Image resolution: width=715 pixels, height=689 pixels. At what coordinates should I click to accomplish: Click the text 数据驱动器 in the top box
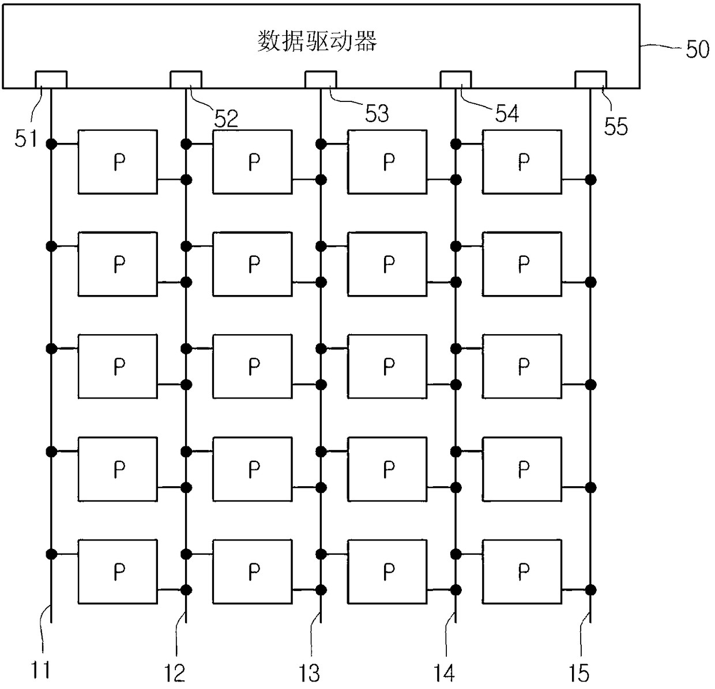[317, 42]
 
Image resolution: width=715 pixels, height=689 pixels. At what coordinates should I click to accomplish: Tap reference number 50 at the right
[697, 50]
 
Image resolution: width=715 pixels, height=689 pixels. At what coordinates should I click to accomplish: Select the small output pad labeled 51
[51, 79]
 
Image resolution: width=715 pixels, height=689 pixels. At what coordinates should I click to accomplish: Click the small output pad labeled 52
[186, 79]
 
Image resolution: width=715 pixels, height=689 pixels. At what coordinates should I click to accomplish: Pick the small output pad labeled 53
[321, 79]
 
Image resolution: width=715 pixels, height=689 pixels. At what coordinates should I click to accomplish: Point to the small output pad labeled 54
[456, 79]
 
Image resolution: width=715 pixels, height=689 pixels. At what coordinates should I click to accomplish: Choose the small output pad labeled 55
[590, 79]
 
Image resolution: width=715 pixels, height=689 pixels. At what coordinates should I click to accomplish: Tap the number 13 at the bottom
[310, 672]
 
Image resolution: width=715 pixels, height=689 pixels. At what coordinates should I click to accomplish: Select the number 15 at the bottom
[579, 672]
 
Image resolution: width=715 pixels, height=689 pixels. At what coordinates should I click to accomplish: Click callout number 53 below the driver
[377, 113]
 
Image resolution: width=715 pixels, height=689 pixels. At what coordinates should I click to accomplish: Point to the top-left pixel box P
[118, 162]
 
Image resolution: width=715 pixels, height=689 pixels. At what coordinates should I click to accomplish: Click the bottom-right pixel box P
[522, 571]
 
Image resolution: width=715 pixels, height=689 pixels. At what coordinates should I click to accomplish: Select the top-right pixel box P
[522, 162]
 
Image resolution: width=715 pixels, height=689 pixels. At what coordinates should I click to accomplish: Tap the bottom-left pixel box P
[118, 571]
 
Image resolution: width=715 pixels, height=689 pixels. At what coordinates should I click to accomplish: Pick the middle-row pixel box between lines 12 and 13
[253, 366]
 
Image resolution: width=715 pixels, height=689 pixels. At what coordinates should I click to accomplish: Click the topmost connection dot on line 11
[51, 144]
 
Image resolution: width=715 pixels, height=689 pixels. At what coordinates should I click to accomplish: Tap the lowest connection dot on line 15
[590, 590]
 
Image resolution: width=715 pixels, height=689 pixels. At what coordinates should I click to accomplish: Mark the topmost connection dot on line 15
[590, 180]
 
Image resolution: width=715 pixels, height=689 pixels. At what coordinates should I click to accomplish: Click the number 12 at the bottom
[175, 672]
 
